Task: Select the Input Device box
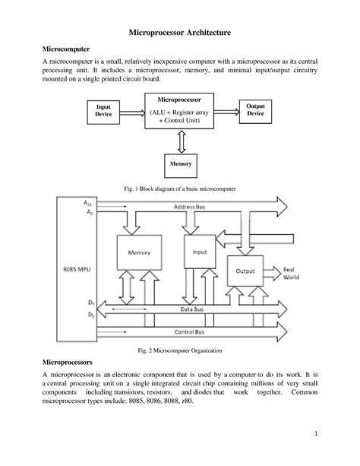coord(103,110)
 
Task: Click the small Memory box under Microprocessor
coord(180,163)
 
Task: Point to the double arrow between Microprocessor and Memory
coord(180,140)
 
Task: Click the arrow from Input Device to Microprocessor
coord(130,110)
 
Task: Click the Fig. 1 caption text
coord(179,186)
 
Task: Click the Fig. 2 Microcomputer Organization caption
coord(180,350)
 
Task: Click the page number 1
coord(314,433)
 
